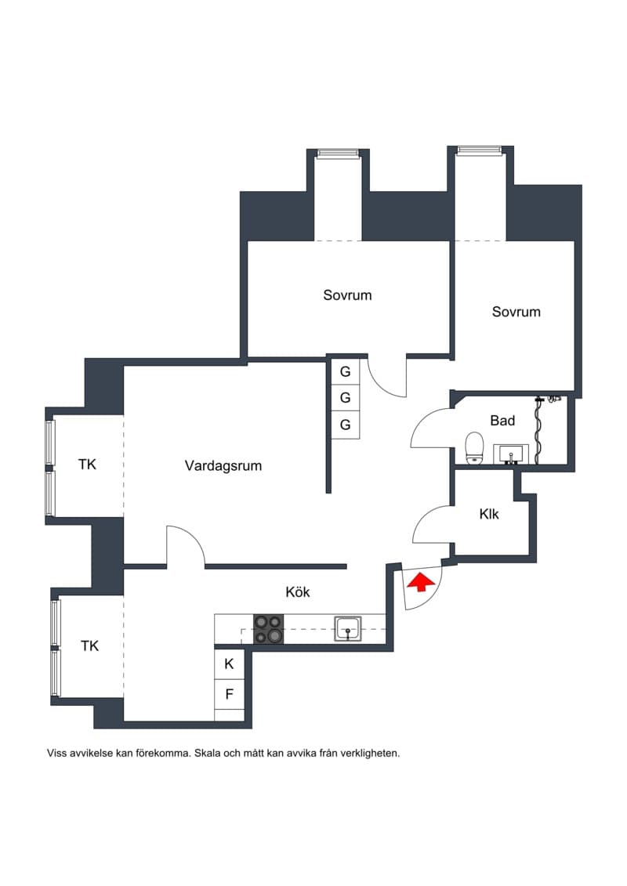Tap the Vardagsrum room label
[x=223, y=466]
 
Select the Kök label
[x=298, y=591]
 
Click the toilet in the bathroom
[x=474, y=448]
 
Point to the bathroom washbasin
[x=511, y=454]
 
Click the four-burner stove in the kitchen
[x=269, y=629]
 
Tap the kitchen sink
[x=348, y=628]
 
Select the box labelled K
[x=229, y=664]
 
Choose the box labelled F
[x=229, y=694]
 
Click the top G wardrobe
[x=345, y=372]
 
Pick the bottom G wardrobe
[x=345, y=425]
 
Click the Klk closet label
[x=489, y=514]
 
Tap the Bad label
[x=502, y=421]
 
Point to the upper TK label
[x=87, y=465]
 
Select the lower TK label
[x=90, y=646]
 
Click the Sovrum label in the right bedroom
[x=516, y=312]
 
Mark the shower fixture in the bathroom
[x=554, y=399]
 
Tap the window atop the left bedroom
[x=338, y=153]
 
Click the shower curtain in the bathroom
[x=538, y=431]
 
